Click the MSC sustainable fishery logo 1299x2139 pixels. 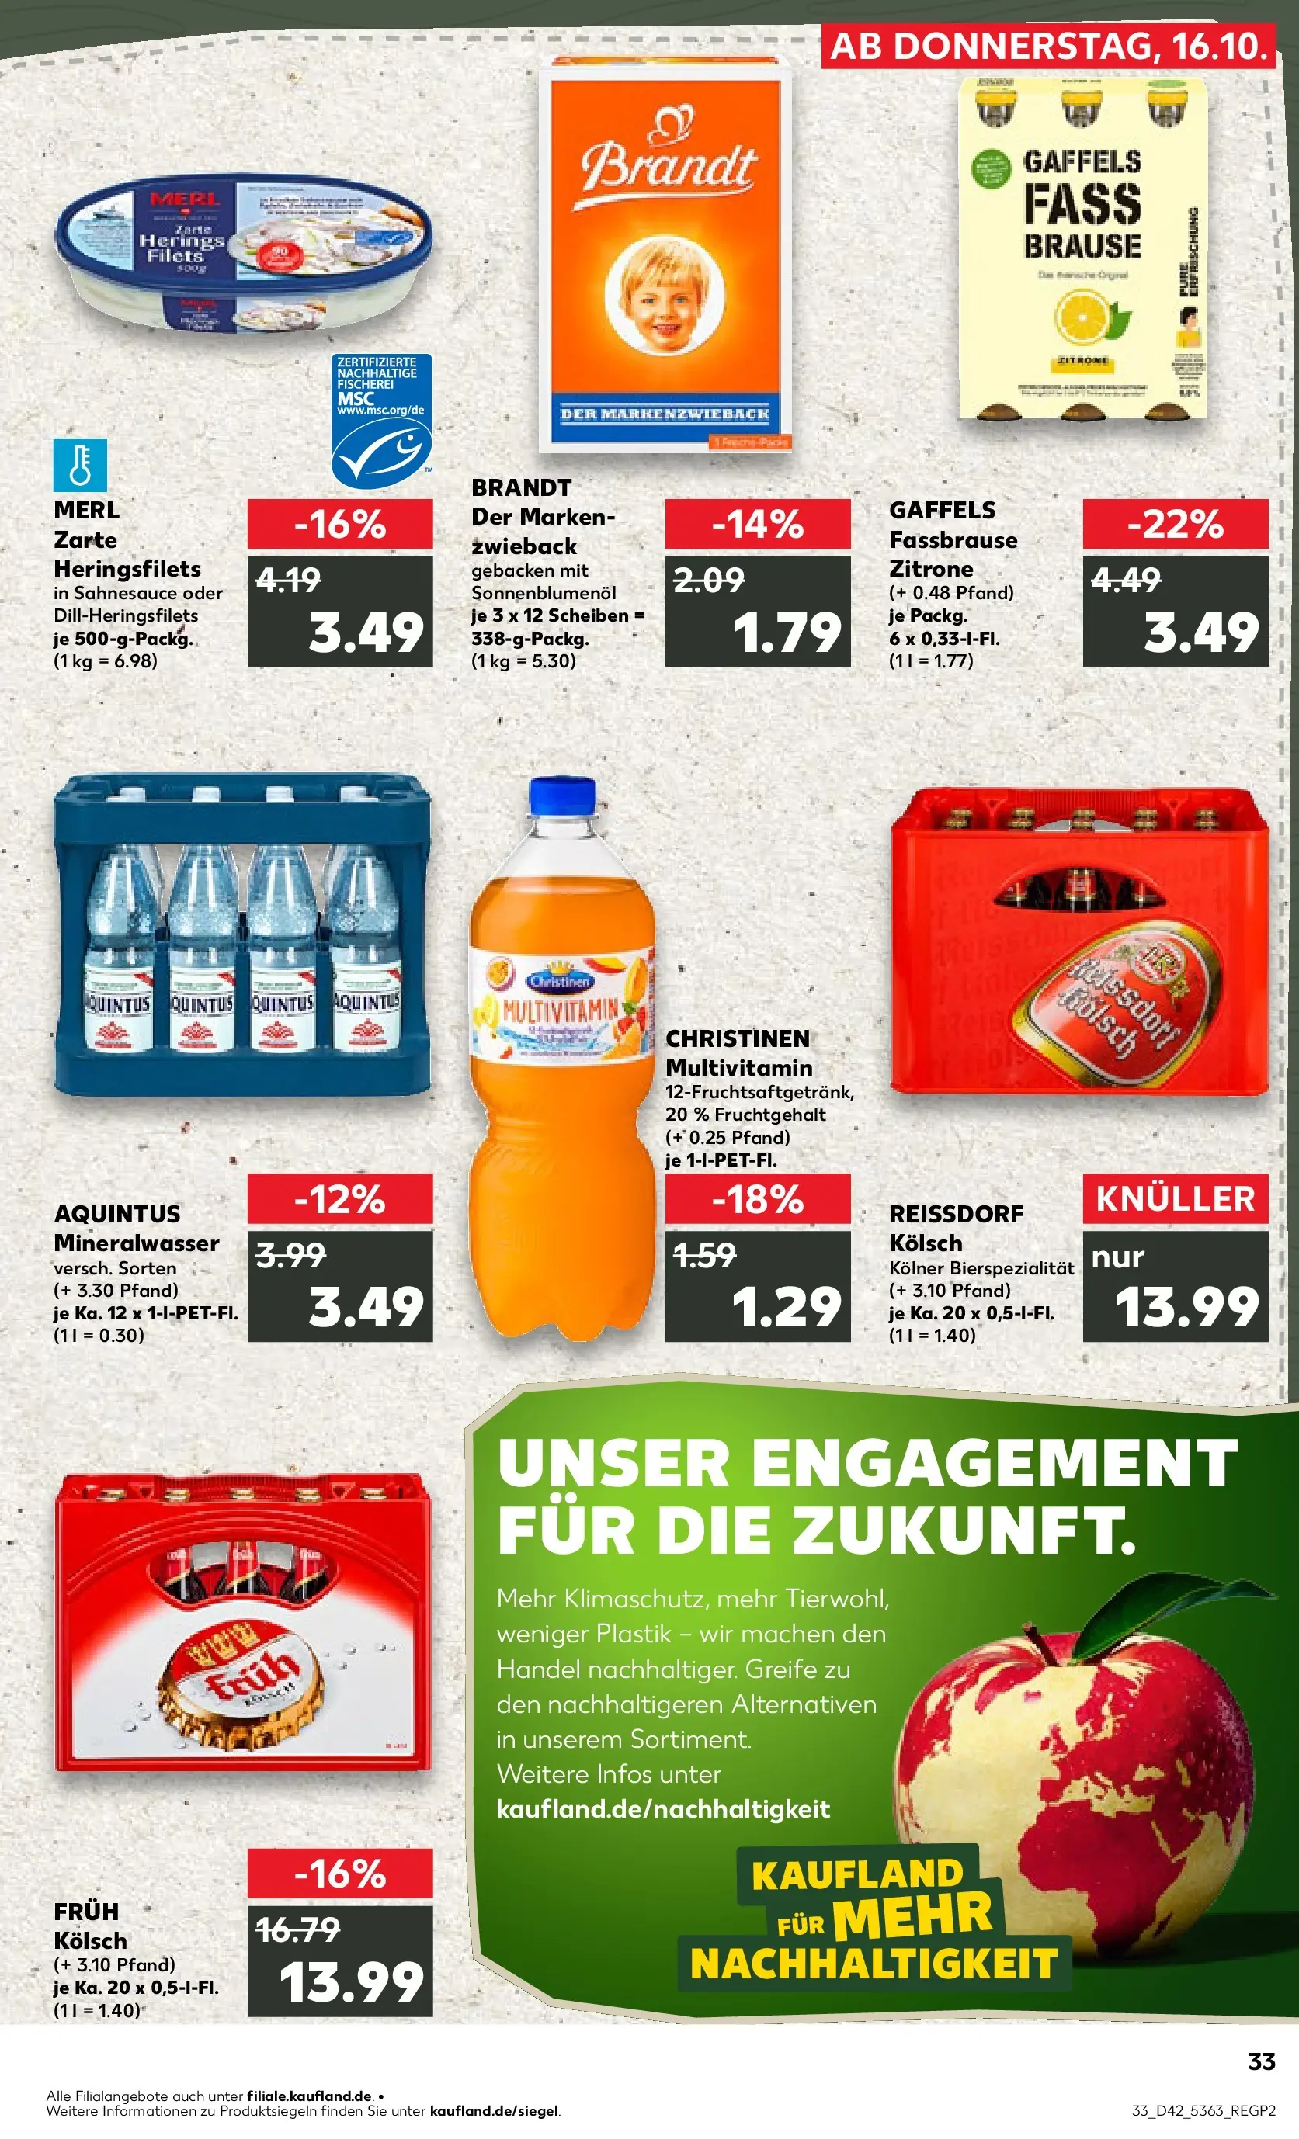[381, 420]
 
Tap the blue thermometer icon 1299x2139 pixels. [80, 464]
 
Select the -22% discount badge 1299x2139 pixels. [1175, 525]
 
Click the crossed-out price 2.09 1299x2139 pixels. [709, 580]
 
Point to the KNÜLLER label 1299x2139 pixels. [1175, 1199]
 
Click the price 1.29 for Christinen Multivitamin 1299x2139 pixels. [786, 1307]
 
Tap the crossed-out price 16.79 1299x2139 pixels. [297, 1929]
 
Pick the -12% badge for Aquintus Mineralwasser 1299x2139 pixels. [339, 1200]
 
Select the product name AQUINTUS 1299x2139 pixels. [117, 1214]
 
